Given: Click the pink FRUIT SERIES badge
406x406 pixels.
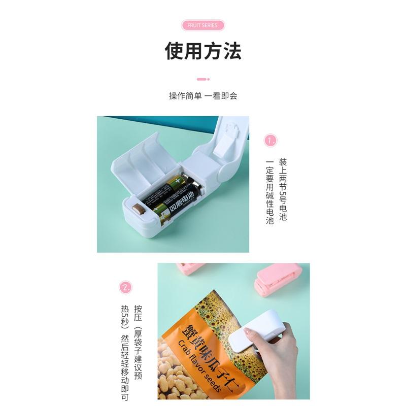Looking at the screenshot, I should tap(202, 25).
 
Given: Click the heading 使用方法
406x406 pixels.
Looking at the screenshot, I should tap(202, 51).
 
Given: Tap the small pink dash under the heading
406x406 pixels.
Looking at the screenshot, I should tap(202, 79).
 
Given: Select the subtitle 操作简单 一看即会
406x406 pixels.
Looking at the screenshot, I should tap(202, 96).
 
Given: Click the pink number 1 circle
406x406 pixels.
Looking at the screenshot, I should tap(270, 140).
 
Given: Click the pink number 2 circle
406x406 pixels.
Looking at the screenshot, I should tap(125, 288).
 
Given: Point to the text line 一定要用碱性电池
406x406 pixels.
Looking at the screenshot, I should tap(270, 193).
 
